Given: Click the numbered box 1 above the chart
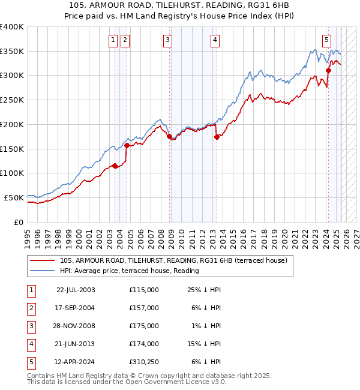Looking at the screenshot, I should point(113,40).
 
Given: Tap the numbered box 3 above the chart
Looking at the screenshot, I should point(167,40).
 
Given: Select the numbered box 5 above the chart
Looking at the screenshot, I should point(326,40).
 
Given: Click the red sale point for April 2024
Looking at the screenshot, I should point(329,71).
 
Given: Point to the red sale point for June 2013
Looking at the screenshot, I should point(217,137).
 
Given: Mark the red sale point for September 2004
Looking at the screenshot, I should point(127,145).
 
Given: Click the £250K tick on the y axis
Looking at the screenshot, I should point(12,100).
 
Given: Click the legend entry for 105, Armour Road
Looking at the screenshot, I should point(173,260).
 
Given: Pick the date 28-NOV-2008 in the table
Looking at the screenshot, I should point(76,326).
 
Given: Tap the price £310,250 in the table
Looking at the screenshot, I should point(143,362).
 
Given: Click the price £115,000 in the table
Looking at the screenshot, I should point(143,290).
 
